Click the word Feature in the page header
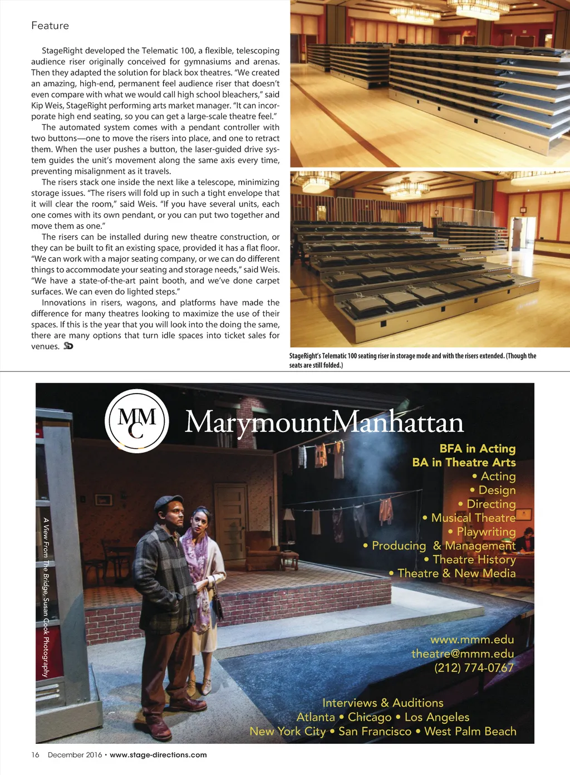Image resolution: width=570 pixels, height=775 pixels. pos(50,26)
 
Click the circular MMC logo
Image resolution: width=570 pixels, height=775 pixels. pos(137,421)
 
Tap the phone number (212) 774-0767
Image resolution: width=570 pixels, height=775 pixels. pos(474,668)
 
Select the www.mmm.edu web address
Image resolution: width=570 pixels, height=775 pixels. pos(472,640)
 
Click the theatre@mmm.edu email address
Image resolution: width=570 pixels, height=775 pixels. pos(463,654)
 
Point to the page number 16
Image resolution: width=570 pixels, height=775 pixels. pos(35,755)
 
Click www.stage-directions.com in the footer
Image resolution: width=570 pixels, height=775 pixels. pos(158,755)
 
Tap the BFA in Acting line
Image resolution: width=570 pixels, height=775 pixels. pos(478,449)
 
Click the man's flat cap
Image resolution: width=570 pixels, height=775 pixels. pos(168,502)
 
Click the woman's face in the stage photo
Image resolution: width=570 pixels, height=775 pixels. pos(199,521)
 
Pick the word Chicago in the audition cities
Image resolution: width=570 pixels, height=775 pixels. pos(370,717)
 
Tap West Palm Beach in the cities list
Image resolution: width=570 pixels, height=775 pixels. pos(470,732)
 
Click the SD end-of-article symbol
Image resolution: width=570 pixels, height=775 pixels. pos(68,346)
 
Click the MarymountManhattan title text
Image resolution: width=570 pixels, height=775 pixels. pos(324,423)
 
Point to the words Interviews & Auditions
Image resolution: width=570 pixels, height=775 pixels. pos(383,703)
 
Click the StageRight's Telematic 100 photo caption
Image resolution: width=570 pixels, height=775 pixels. pos(412,360)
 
